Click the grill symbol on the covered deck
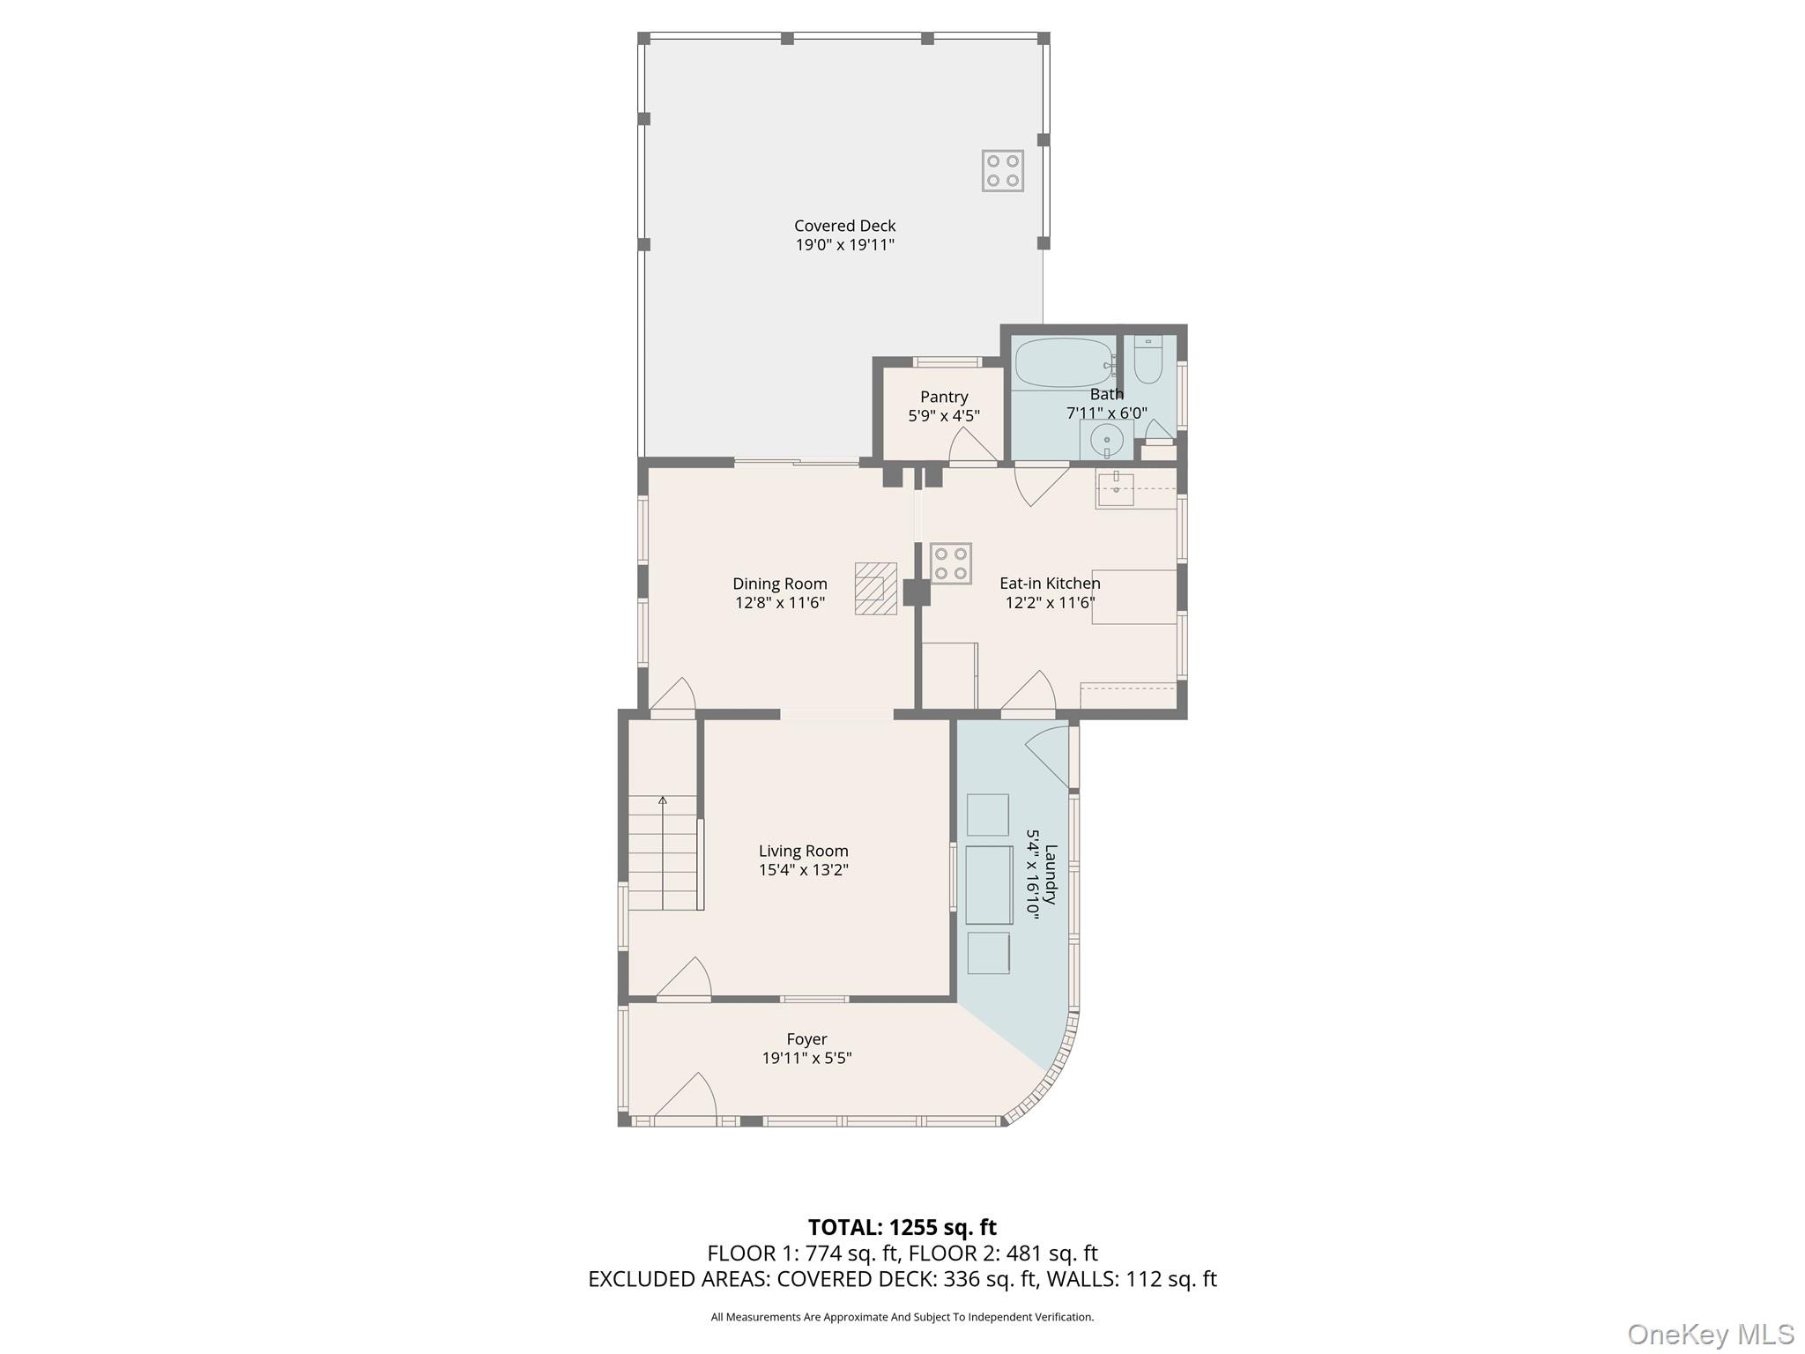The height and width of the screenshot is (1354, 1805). [x=1003, y=170]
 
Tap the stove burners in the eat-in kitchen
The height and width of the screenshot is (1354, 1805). [x=951, y=563]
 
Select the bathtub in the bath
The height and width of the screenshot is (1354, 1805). [x=1064, y=363]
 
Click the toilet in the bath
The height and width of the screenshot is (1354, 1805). [x=1148, y=360]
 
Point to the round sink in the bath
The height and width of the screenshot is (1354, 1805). [x=1106, y=438]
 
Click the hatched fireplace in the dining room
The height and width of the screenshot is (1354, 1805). [x=875, y=588]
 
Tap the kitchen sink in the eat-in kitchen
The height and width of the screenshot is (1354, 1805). [x=1116, y=489]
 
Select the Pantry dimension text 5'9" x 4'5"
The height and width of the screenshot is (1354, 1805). [x=944, y=416]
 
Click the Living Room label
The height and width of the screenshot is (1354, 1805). [x=803, y=851]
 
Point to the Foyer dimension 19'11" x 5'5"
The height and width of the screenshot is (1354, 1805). [x=806, y=1058]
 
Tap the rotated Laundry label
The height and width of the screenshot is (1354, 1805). [x=1051, y=874]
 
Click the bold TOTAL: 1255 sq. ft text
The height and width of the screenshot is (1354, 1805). [x=902, y=1227]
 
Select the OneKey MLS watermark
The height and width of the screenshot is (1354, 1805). [x=1710, y=1334]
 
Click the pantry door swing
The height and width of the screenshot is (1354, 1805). [x=970, y=446]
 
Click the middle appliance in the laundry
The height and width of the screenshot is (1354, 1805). [x=989, y=884]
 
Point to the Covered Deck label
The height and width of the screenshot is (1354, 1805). [x=844, y=226]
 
